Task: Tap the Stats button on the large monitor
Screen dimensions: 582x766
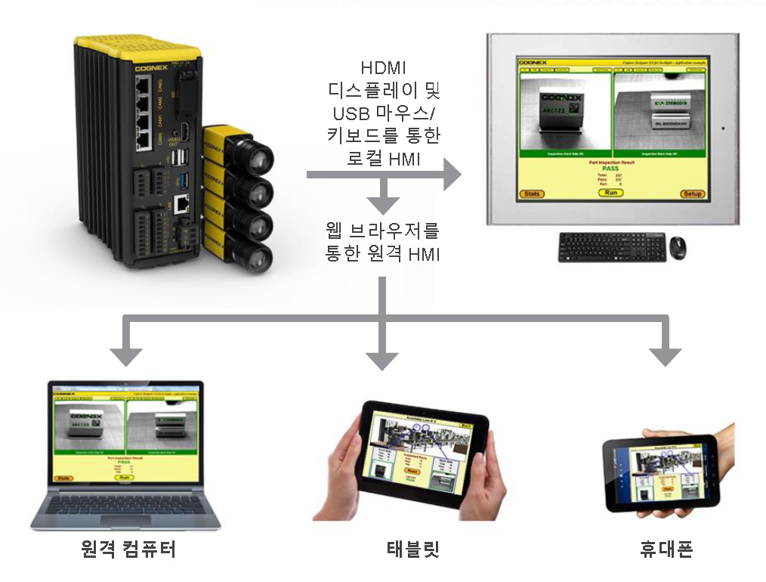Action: click(533, 194)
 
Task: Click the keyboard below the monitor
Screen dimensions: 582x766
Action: click(612, 247)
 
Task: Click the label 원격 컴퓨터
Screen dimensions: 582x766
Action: click(128, 549)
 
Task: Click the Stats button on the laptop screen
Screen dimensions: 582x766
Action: click(64, 478)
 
